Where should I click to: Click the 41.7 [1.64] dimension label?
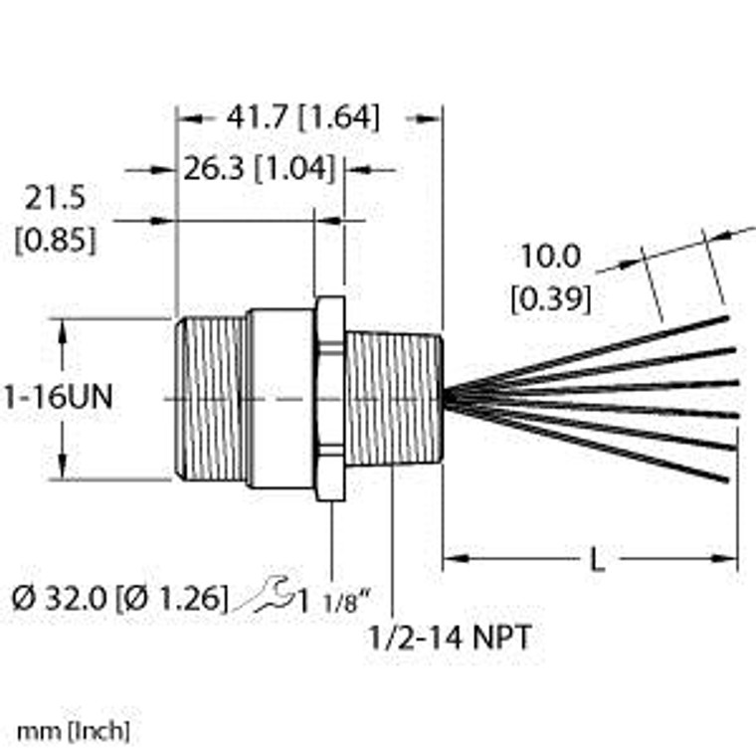302,117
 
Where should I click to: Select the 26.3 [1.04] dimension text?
258,170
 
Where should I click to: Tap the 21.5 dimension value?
55,199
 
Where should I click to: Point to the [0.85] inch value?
55,240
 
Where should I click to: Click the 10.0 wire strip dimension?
550,257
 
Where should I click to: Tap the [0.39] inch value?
550,298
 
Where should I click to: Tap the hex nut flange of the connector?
329,398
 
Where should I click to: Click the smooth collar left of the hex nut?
281,398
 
